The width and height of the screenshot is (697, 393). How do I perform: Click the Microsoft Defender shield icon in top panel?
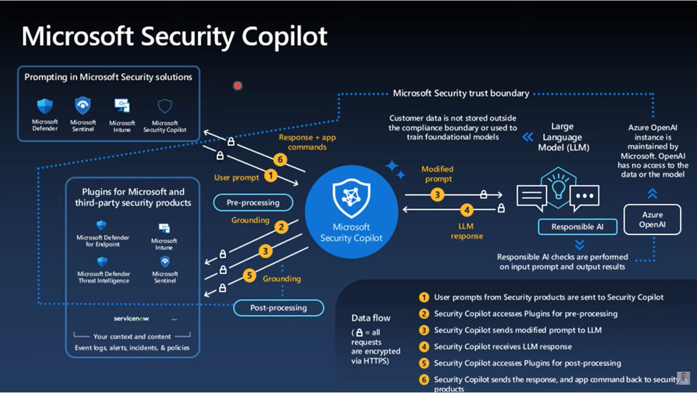click(x=45, y=106)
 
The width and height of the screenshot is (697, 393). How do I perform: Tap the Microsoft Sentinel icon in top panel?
click(x=83, y=106)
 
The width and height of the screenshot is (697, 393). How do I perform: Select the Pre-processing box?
click(x=253, y=203)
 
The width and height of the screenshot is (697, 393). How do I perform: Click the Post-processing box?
click(x=278, y=308)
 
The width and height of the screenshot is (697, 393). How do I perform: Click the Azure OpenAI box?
click(x=652, y=219)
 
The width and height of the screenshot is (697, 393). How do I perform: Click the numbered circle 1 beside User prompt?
click(x=270, y=176)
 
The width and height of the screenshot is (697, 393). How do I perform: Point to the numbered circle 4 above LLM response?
click(x=467, y=210)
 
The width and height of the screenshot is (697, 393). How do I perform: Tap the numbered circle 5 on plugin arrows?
click(x=250, y=275)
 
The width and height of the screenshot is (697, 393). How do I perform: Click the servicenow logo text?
click(x=131, y=318)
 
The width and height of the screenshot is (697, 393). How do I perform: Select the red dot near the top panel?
click(x=238, y=86)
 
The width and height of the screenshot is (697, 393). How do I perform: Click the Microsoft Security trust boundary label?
click(x=461, y=93)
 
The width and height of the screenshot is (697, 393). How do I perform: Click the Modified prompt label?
click(x=437, y=174)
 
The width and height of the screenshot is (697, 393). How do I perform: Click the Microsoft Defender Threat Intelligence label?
click(x=104, y=277)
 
